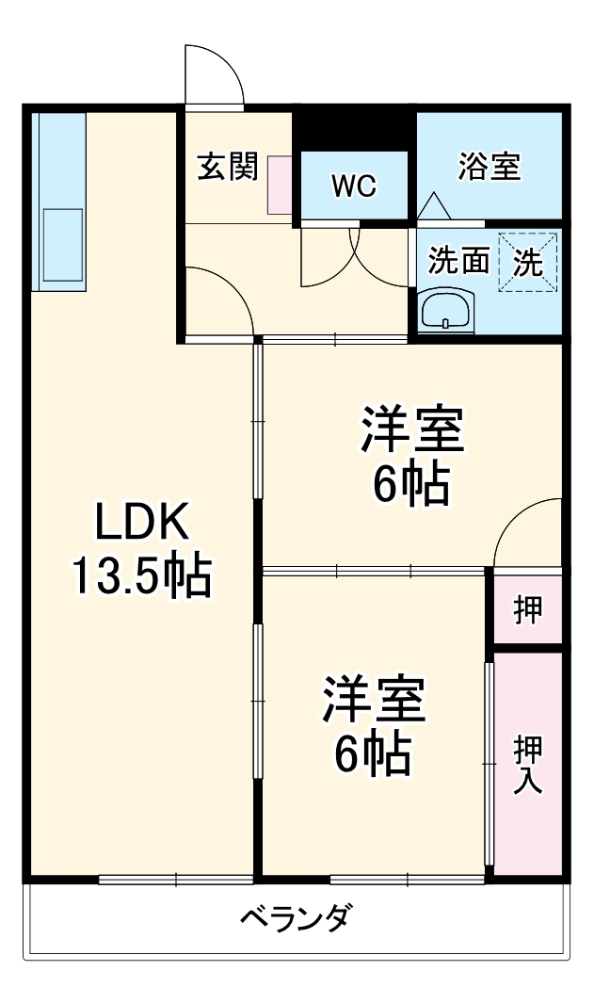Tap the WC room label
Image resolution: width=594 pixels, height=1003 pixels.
coord(353,186)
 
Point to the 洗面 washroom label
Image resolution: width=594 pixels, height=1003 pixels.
coord(458,261)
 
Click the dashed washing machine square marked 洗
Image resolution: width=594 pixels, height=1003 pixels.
coord(528,261)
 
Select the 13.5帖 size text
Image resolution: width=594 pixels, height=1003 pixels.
coord(142,576)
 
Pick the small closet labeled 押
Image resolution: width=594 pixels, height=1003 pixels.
coord(527,609)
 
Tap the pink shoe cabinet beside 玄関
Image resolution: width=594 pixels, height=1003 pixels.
coord(281,185)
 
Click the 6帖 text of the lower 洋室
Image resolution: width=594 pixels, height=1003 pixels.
coord(374,752)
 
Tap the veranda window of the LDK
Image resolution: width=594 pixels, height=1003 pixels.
coord(175,880)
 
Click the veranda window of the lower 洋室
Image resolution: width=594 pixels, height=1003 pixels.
coord(408,880)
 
